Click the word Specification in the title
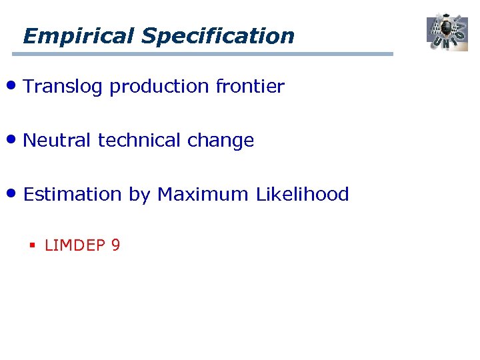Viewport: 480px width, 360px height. pos(218,35)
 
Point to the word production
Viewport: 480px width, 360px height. pos(159,87)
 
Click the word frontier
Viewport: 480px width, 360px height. pos(250,87)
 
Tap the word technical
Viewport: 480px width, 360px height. pos(139,141)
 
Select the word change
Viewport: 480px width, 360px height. pos(221,141)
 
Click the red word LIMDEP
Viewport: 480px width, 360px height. pos(75,245)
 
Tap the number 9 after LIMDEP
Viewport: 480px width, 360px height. pos(115,245)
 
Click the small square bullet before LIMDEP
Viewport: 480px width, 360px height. pos(31,246)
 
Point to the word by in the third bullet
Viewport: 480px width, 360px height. pos(139,195)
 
